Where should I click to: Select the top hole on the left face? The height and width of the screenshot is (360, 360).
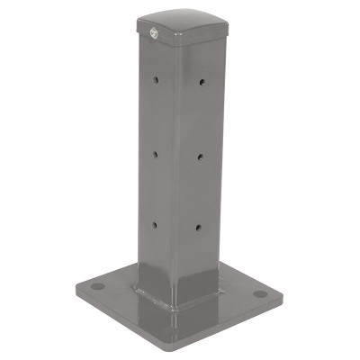(157, 80)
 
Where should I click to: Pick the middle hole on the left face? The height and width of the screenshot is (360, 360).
(155, 154)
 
